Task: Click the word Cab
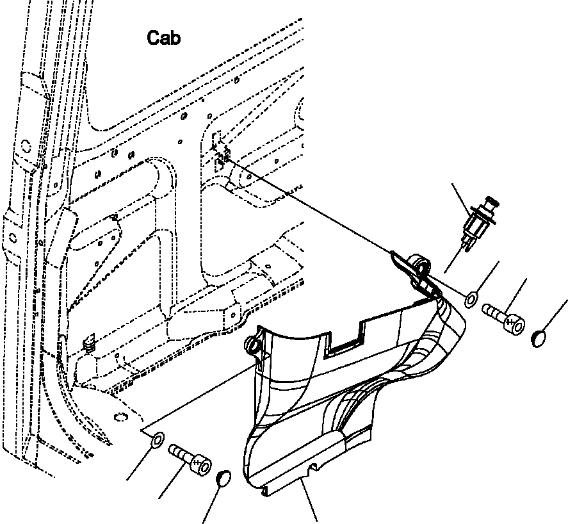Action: coord(164,38)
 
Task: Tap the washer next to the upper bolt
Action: coord(471,299)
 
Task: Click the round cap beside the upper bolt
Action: coord(540,338)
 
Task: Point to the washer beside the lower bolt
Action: coord(156,440)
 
